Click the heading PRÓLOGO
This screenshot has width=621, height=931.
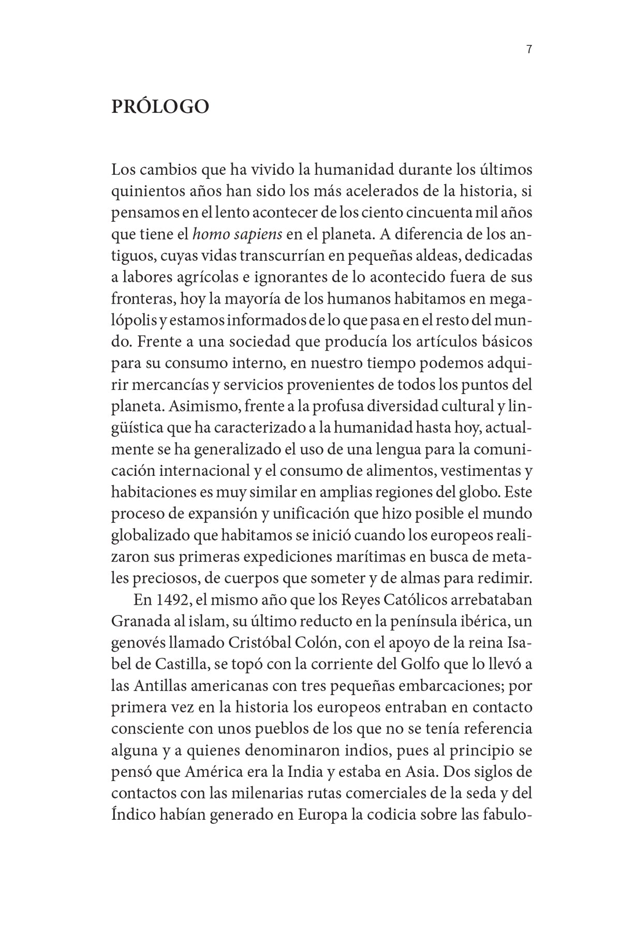pos(160,106)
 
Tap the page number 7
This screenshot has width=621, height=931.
pos(529,50)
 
